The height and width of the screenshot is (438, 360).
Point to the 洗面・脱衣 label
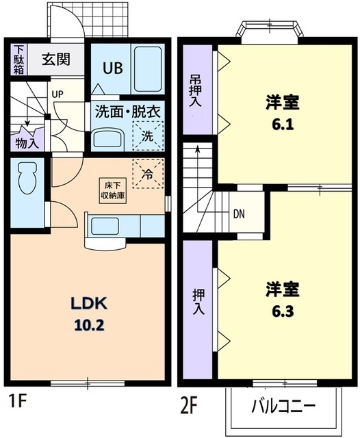click(x=128, y=109)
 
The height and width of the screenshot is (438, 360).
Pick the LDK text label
click(x=89, y=305)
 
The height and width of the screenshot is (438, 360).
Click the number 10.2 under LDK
click(x=89, y=326)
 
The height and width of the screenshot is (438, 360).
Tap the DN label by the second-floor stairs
click(x=239, y=213)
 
